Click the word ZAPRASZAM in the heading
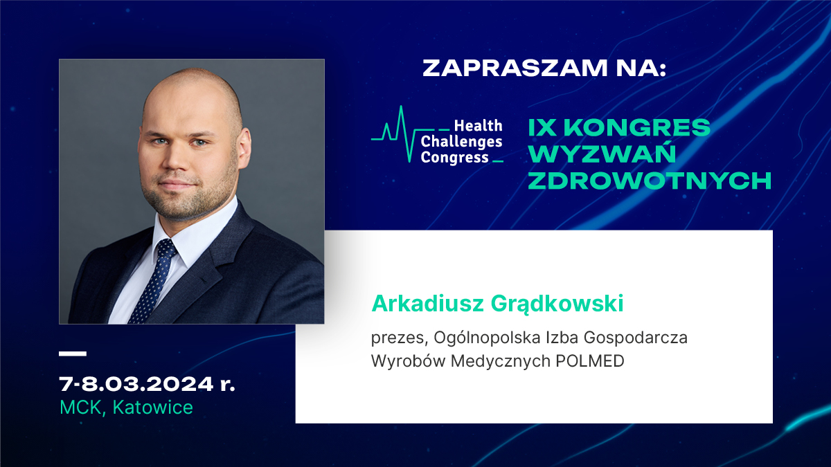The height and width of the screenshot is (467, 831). tap(515, 68)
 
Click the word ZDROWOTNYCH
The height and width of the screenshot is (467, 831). tap(650, 181)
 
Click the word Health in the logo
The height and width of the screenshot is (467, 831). tap(479, 126)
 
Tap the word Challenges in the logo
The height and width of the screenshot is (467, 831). tap(461, 142)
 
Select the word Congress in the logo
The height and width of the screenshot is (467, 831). tap(454, 158)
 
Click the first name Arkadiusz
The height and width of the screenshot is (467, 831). tap(427, 303)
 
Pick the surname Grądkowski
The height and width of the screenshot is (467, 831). tap(557, 304)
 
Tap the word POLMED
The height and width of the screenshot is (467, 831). tap(590, 360)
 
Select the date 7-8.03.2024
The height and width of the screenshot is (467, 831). tap(136, 384)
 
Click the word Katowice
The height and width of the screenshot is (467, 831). tap(153, 407)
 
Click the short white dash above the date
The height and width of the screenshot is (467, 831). tap(73, 354)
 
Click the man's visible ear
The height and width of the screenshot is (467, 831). tap(243, 147)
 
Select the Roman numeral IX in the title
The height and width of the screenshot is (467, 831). tap(542, 127)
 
